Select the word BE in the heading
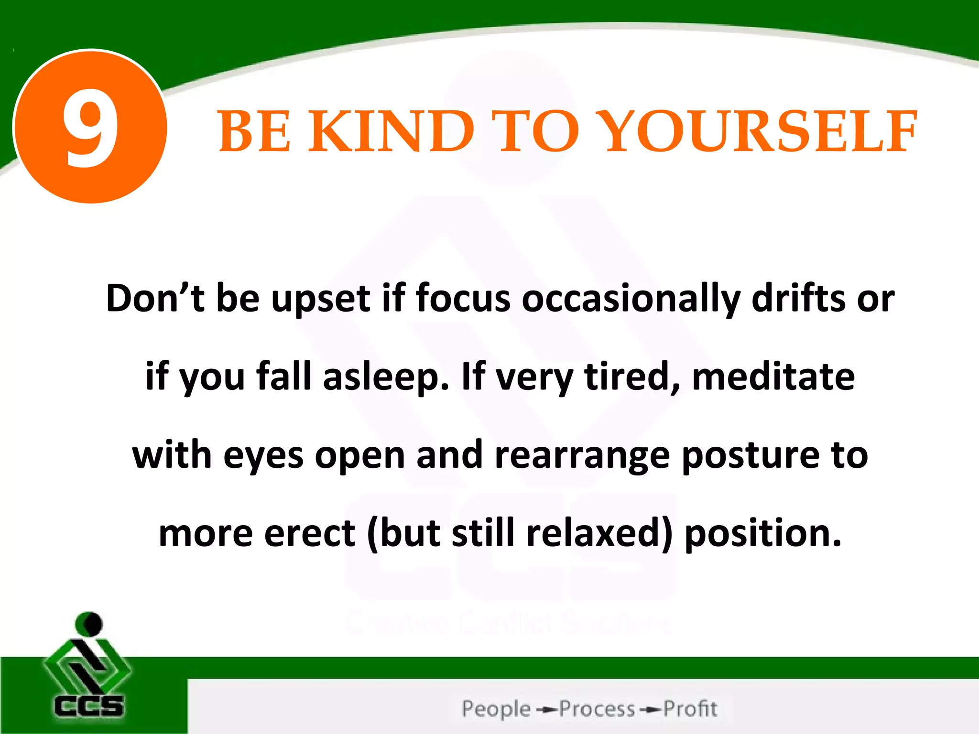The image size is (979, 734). point(254,131)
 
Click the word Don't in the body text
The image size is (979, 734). point(154,298)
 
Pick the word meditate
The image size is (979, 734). point(773,377)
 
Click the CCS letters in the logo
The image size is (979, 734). point(88,706)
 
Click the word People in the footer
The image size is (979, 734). point(496,709)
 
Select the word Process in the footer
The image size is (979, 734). point(597,709)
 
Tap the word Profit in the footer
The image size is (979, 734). point(690,709)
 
